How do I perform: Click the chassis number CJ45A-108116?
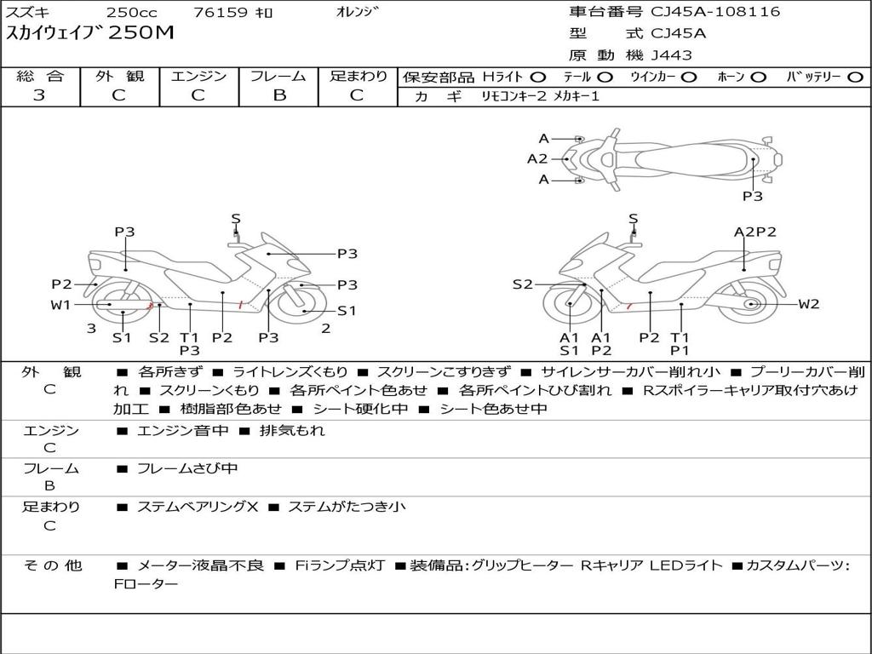coord(715,12)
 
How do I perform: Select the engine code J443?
coord(671,55)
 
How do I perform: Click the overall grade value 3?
coord(39,95)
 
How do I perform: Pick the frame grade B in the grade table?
coord(278,95)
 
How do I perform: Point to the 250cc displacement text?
coord(132,13)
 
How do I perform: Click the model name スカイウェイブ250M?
coord(90,33)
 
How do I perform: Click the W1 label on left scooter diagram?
coord(60,304)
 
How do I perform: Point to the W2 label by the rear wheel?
coord(808,304)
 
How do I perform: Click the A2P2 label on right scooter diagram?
coord(754,232)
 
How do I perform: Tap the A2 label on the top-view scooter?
coord(537,158)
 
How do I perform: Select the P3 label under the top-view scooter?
coord(752,196)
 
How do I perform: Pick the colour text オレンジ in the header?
coord(358,12)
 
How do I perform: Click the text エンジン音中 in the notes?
coord(182,431)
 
